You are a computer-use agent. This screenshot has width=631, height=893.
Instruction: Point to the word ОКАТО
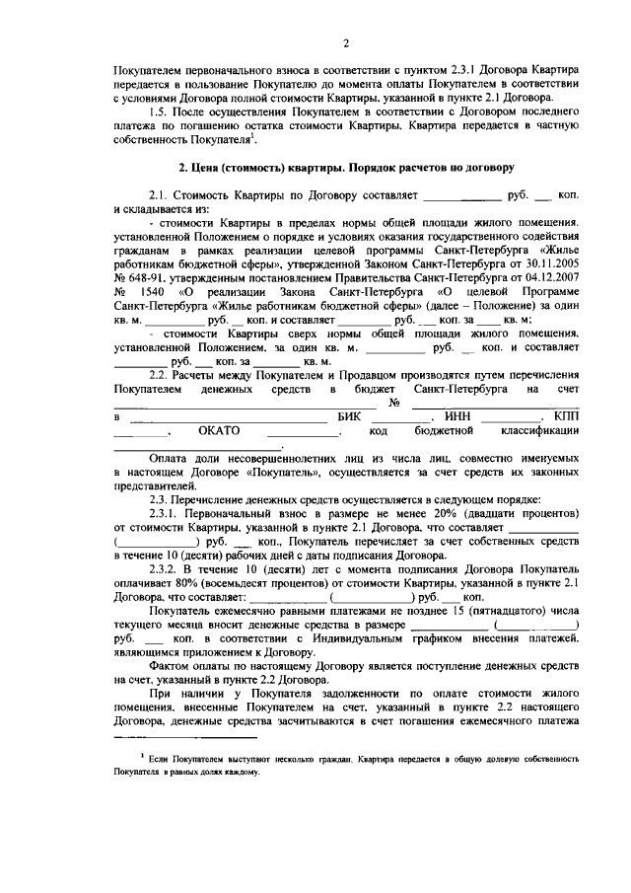pos(219,431)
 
